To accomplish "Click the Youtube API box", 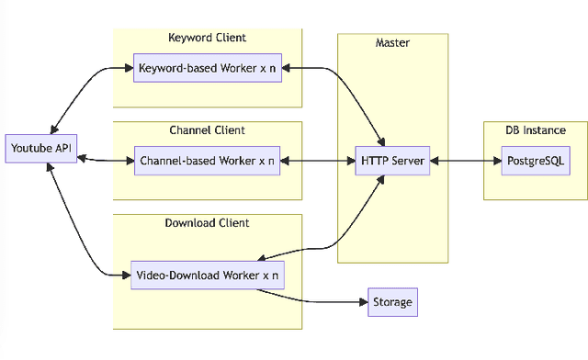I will (x=40, y=148).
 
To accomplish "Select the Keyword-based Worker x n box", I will (x=207, y=68).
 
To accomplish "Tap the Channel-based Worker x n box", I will (x=207, y=161).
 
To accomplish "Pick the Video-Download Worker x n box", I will (x=207, y=275).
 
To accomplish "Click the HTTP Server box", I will (x=391, y=161).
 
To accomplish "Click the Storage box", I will (x=392, y=301).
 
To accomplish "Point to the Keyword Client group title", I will (x=207, y=38).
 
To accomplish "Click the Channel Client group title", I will (x=207, y=129).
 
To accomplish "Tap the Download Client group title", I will (x=207, y=223).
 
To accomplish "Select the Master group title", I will (x=392, y=43).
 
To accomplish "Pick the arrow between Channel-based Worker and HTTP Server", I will (x=318, y=161).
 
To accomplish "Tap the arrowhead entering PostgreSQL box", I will (x=496, y=161).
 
